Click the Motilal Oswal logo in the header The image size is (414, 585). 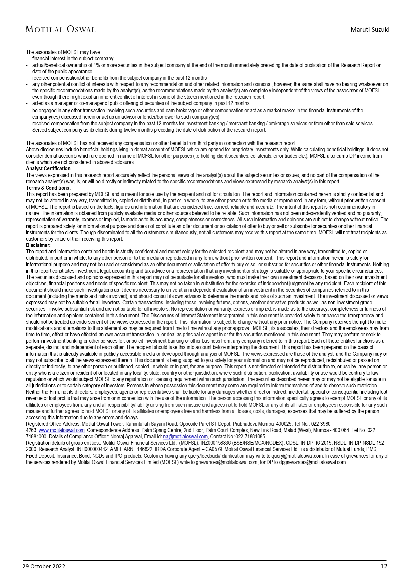tap(60, 29)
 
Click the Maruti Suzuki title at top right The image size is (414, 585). tap(370, 29)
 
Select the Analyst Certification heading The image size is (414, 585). tap(48, 169)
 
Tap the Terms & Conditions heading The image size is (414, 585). tap(48, 188)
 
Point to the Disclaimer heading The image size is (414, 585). tap(38, 245)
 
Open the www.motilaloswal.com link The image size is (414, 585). tap(62, 430)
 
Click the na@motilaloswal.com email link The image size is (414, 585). tap(185, 437)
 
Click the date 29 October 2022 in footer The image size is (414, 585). tap(44, 566)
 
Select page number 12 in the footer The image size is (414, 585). tap(384, 566)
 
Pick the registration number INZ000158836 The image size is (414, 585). tap(220, 443)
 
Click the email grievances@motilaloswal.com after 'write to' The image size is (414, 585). tap(227, 462)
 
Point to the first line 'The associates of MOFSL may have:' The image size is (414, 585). tap(63, 52)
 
